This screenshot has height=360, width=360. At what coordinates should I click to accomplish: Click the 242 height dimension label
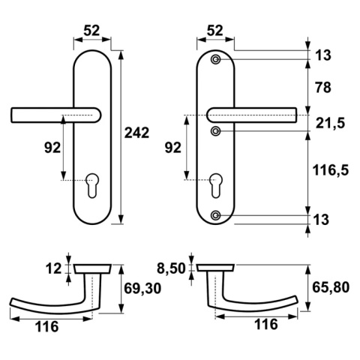click(136, 133)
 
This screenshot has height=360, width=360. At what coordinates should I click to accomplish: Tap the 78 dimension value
click(323, 88)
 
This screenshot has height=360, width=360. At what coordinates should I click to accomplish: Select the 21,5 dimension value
click(330, 124)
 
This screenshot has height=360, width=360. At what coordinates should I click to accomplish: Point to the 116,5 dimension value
click(331, 171)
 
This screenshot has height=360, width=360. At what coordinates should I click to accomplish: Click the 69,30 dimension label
click(142, 289)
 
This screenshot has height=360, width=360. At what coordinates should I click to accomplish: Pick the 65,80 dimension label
click(331, 287)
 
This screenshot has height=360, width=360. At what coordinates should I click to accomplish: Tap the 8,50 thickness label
click(171, 268)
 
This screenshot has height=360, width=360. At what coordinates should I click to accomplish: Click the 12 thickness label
click(53, 269)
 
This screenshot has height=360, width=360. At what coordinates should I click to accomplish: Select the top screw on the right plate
click(215, 59)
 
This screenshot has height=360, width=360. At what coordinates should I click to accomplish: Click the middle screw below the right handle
click(215, 130)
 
